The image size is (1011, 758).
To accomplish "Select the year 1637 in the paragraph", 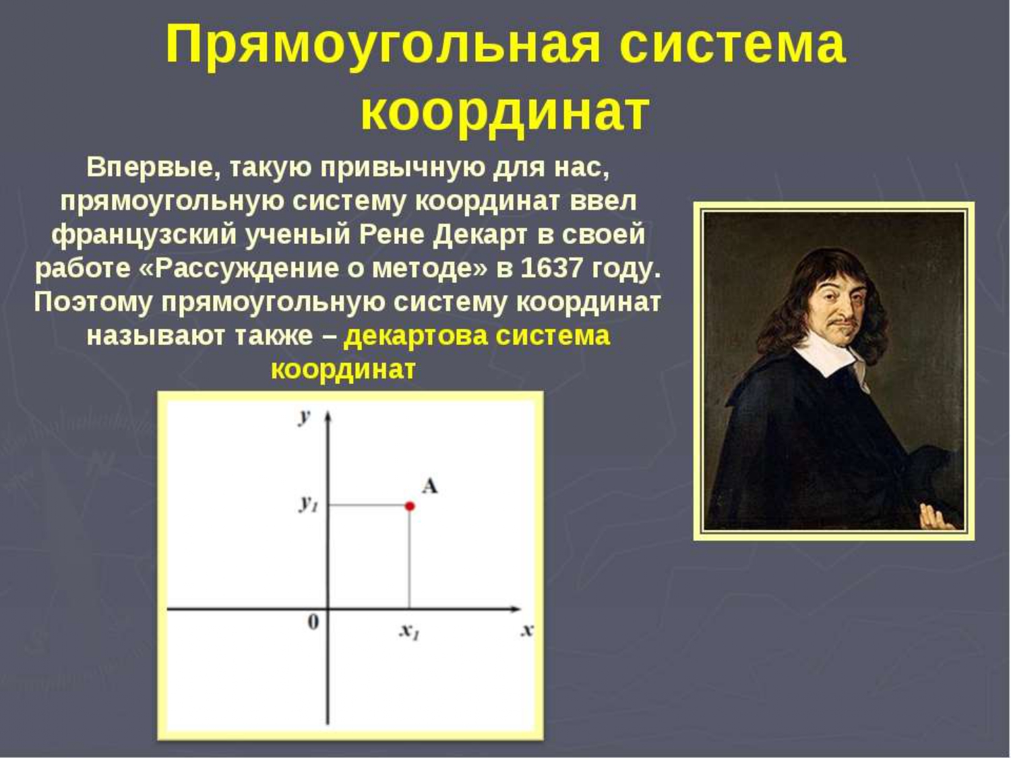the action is (x=551, y=268).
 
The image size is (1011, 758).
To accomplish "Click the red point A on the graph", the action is (x=410, y=506).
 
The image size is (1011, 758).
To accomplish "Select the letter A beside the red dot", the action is (x=429, y=486).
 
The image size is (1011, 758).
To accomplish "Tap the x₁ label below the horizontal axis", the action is (x=409, y=631).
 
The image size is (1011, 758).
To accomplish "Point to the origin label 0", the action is (x=313, y=622).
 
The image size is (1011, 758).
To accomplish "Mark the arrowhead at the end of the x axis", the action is (x=515, y=609).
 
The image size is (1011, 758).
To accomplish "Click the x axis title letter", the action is (x=527, y=630).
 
